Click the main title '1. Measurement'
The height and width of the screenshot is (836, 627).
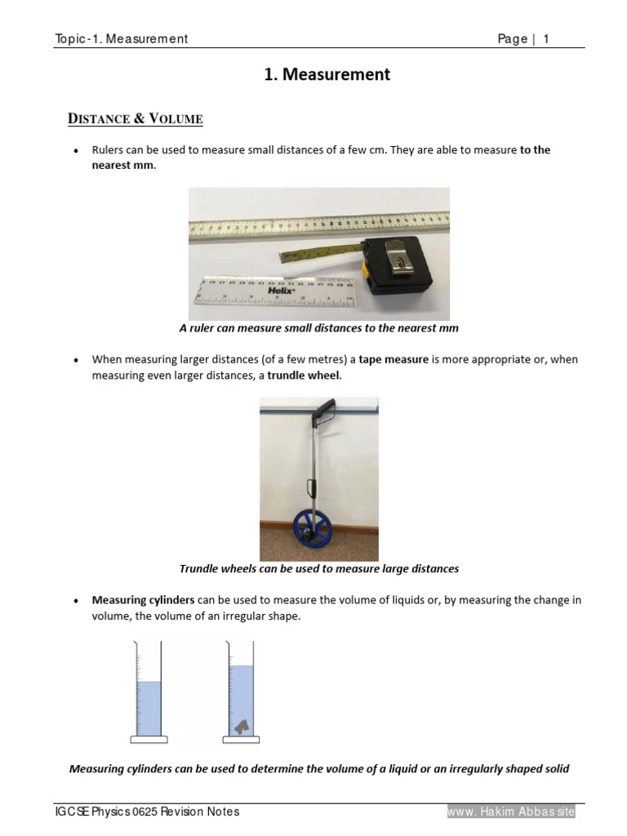point(327,75)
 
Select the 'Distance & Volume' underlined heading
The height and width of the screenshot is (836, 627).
point(135,119)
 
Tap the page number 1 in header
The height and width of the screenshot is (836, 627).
point(546,39)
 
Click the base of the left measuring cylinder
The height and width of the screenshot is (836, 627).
point(149,740)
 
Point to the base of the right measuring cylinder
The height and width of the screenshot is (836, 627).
point(241,740)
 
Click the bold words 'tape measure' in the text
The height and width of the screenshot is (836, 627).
point(394,359)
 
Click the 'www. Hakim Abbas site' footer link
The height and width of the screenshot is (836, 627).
point(511,812)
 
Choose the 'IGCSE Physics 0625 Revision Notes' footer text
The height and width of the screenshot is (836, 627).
point(147,812)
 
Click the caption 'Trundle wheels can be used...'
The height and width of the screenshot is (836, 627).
point(318,568)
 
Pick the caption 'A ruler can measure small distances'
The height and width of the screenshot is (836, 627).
point(318,328)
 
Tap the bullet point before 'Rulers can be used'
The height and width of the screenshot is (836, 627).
point(76,152)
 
